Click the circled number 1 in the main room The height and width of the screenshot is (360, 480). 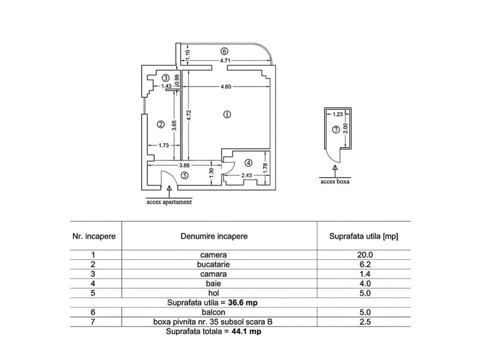pyautogui.click(x=227, y=114)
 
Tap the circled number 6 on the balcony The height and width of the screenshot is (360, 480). pyautogui.click(x=224, y=51)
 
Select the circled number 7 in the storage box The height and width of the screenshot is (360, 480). pyautogui.click(x=336, y=130)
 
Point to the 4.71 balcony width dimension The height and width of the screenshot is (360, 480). pyautogui.click(x=225, y=60)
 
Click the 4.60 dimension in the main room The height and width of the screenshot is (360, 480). pyautogui.click(x=226, y=87)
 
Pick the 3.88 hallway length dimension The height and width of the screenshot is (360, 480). pyautogui.click(x=184, y=166)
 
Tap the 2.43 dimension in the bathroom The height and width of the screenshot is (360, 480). pyautogui.click(x=246, y=175)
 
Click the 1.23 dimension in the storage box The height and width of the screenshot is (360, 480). pyautogui.click(x=338, y=114)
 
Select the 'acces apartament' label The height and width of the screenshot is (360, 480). pyautogui.click(x=169, y=202)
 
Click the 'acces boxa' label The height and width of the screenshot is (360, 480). pyautogui.click(x=335, y=182)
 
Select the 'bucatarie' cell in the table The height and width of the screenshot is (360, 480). pyautogui.click(x=213, y=264)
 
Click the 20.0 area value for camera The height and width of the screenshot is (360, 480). pyautogui.click(x=365, y=255)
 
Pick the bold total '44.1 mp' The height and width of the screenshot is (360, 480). pyautogui.click(x=246, y=331)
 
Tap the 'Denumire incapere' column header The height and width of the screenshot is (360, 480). pyautogui.click(x=214, y=236)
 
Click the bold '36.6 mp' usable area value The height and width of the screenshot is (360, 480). pyautogui.click(x=243, y=302)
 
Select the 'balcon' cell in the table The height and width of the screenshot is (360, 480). pyautogui.click(x=213, y=312)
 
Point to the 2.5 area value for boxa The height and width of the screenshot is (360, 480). pyautogui.click(x=365, y=322)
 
